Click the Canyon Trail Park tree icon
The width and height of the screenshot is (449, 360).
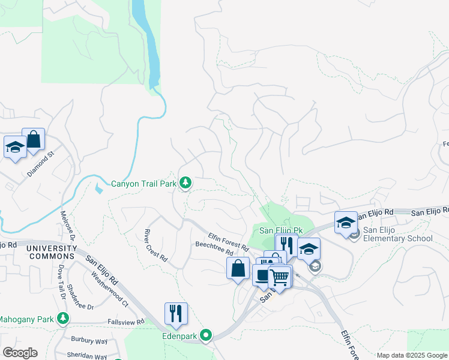(185, 182)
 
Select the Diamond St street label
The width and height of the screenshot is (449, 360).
(40, 163)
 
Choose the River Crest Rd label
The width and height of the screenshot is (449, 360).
(155, 245)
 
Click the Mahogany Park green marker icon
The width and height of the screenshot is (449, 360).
(63, 320)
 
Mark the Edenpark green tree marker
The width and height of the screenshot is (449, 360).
(207, 335)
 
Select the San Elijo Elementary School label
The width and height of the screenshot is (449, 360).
(397, 234)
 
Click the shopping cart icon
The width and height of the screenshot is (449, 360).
(279, 277)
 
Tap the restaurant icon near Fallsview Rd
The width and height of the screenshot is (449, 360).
(176, 314)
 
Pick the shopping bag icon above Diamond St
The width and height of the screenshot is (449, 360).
(34, 139)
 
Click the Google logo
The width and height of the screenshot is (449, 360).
(20, 352)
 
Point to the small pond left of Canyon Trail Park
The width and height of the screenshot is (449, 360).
(98, 187)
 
